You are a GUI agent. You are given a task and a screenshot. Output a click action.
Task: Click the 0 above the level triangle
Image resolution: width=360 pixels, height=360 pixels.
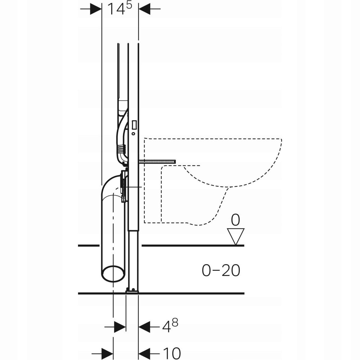pyautogui.click(x=235, y=220)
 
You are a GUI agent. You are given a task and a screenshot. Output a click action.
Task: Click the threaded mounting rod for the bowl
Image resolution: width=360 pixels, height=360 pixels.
pyautogui.click(x=157, y=162)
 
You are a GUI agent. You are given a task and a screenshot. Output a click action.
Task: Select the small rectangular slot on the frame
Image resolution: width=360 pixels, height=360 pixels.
pyautogui.click(x=134, y=124)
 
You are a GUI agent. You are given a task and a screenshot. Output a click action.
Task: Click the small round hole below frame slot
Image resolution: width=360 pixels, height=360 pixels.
pyautogui.click(x=133, y=133)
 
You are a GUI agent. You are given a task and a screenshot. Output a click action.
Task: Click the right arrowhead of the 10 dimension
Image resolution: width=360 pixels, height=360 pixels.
pyautogui.click(x=145, y=352)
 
